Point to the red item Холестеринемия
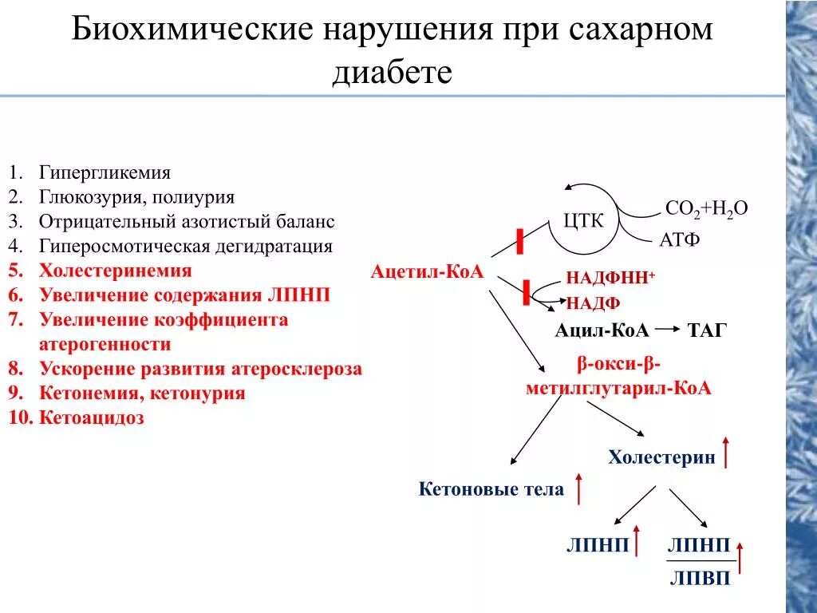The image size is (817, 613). point(116,271)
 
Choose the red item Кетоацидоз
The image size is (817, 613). point(92,417)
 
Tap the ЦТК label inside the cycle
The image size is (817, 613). point(584,221)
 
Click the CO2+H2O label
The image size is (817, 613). point(706,209)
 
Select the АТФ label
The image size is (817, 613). point(680,239)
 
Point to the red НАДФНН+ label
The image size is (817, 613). point(610,278)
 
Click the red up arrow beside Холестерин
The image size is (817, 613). point(726,452)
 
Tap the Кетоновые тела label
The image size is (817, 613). point(491,489)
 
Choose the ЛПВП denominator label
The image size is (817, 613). point(699,579)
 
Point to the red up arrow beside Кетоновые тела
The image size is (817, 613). point(578,488)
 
